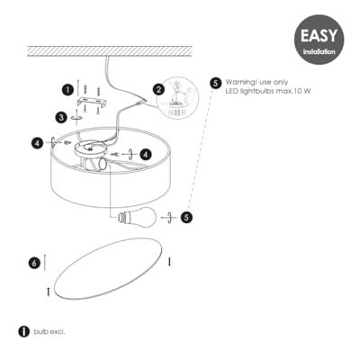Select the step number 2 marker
158,89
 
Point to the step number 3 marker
60,116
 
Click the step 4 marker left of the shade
37,142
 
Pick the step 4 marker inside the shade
146,154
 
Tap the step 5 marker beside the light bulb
186,216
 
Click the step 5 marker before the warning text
216,83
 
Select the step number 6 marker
33,263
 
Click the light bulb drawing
134,215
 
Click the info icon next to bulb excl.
23,331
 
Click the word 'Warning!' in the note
241,81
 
